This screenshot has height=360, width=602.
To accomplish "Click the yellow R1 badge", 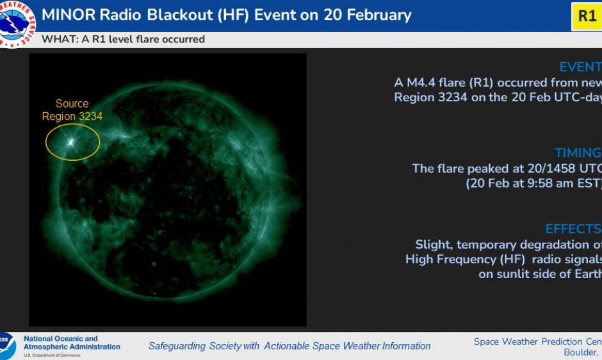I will pyautogui.click(x=587, y=16).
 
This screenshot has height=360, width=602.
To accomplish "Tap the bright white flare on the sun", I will pyautogui.click(x=70, y=142).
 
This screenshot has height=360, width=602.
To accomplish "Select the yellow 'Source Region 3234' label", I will pyautogui.click(x=72, y=110).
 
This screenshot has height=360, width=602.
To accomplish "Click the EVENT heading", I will pyautogui.click(x=580, y=67).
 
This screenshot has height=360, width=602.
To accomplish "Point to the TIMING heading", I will pyautogui.click(x=578, y=152).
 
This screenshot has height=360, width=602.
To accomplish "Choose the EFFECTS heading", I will pyautogui.click(x=573, y=229).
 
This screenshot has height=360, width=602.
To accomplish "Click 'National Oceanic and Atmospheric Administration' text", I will pyautogui.click(x=71, y=343).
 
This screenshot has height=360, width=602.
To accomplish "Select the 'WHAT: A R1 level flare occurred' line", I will pyautogui.click(x=123, y=39).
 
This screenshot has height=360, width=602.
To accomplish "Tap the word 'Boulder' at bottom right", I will pyautogui.click(x=580, y=352).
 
